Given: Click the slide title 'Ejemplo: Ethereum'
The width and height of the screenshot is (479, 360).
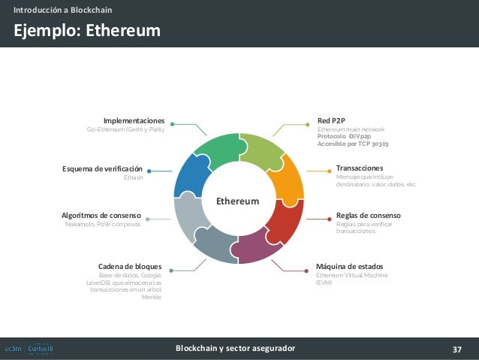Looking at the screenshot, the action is coord(85,31).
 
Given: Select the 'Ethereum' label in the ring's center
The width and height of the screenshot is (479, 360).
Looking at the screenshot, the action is coord(237,201).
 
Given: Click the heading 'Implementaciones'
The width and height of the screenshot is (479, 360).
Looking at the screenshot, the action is coord(134,120).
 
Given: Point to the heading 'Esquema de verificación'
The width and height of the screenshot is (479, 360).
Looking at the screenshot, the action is coord(101,169).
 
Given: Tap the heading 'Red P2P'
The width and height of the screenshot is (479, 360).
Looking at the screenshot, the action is coord(331,120).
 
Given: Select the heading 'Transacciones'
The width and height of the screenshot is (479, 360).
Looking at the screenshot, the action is coord(360,168).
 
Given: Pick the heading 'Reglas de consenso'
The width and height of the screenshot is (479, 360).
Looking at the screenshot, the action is coord(368,215).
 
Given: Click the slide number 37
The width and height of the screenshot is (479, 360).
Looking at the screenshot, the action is coord(457,349).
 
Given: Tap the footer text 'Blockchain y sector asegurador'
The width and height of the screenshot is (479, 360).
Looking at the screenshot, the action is coord(235,349).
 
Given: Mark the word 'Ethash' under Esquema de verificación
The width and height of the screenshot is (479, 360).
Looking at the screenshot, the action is coord(132,178).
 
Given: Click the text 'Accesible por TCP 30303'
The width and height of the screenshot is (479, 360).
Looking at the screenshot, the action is coord(353,143).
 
